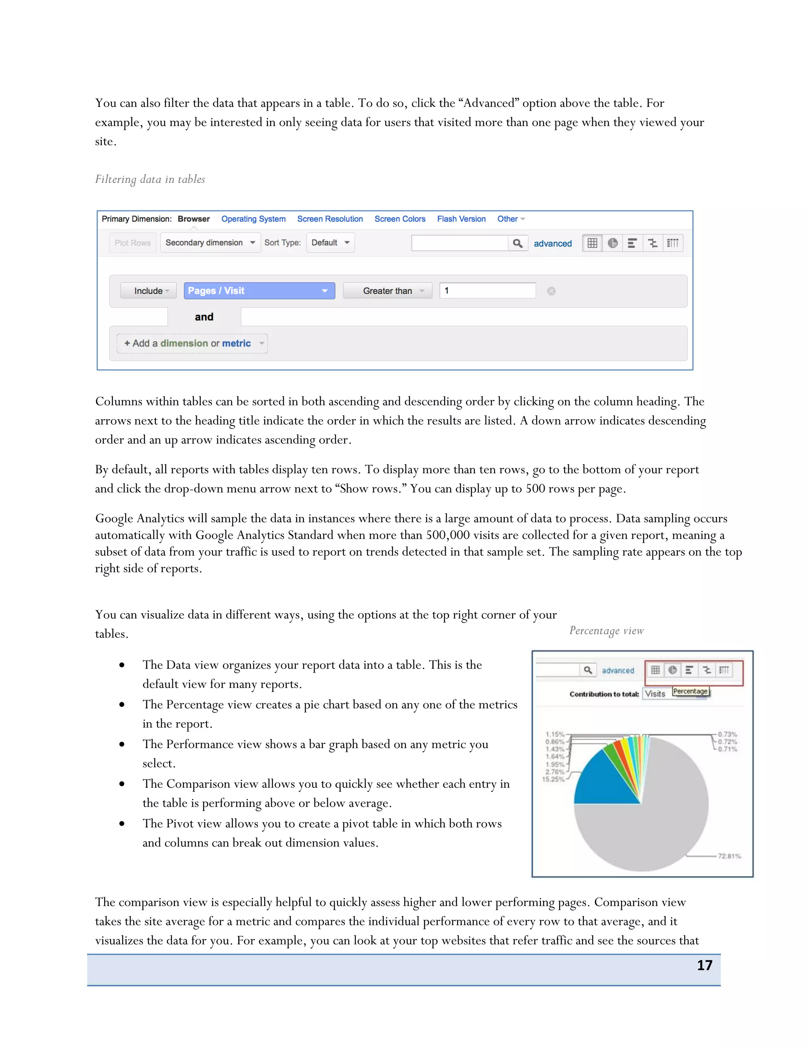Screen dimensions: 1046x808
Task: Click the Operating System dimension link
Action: [x=253, y=219]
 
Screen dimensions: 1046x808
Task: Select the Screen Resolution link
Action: [x=330, y=219]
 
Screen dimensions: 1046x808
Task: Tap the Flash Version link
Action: [x=461, y=219]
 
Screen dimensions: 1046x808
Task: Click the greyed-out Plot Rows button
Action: [x=133, y=243]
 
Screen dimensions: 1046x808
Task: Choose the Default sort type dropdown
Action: [x=330, y=243]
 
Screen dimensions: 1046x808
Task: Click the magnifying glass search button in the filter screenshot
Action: [x=518, y=243]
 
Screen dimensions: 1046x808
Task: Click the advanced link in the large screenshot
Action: [x=552, y=243]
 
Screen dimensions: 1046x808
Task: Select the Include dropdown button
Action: [x=148, y=291]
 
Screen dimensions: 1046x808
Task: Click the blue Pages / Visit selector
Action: [x=259, y=291]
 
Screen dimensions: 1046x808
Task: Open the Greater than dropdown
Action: [x=388, y=291]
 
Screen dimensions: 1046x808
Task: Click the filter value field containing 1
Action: [x=487, y=291]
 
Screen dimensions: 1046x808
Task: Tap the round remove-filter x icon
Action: [x=551, y=291]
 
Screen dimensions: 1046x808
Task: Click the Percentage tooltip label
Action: [x=690, y=691]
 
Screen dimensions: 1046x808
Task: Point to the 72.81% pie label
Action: [x=729, y=856]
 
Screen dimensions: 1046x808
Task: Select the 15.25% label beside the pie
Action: [x=553, y=779]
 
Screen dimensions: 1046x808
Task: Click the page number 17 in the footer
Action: [x=704, y=965]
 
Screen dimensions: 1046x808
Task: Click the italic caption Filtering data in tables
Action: [x=150, y=179]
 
